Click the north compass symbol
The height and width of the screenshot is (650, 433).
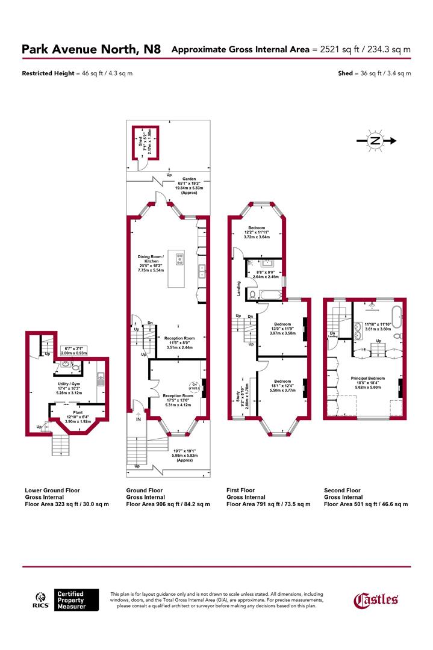click(x=375, y=141)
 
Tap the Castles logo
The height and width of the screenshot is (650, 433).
click(x=375, y=599)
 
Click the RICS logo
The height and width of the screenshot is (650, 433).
click(x=40, y=599)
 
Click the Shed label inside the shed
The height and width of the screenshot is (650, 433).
click(x=140, y=144)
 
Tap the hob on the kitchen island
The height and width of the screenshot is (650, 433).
click(x=179, y=259)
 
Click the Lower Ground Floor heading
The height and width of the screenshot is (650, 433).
click(x=52, y=491)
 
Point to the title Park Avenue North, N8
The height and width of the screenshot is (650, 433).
click(x=91, y=49)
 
